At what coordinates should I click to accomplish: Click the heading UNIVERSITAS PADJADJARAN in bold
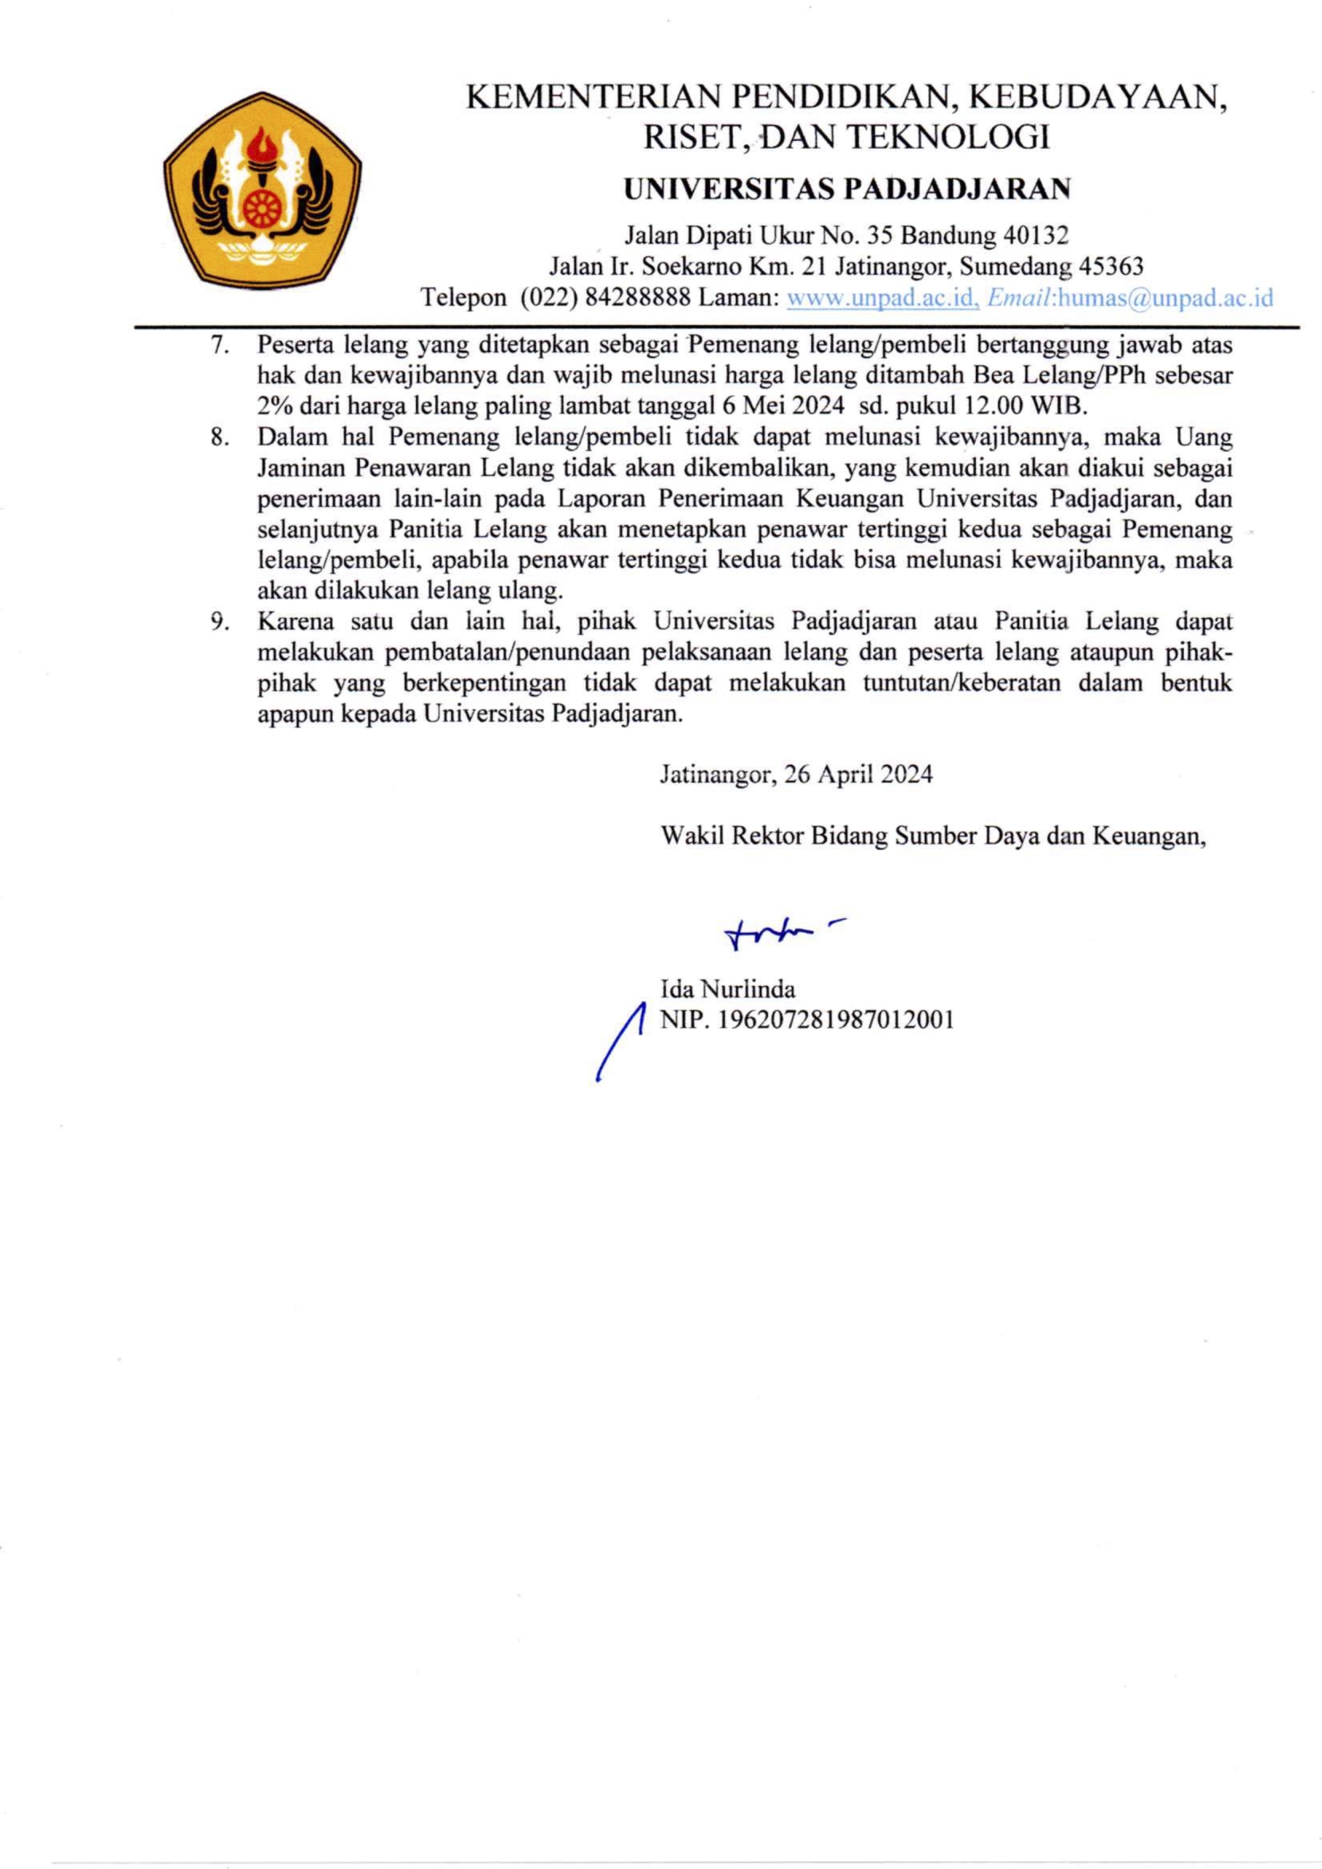tap(847, 190)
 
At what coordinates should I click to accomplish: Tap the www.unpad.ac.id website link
tap(883, 298)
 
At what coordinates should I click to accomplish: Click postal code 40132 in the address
tap(1033, 236)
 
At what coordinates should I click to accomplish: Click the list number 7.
tap(218, 345)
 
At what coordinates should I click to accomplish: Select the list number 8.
tap(218, 438)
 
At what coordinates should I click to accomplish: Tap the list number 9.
tap(218, 622)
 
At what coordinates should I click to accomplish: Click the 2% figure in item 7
tap(274, 407)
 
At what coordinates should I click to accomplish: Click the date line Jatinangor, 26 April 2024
tap(796, 773)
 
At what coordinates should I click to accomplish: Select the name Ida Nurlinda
tap(728, 990)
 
